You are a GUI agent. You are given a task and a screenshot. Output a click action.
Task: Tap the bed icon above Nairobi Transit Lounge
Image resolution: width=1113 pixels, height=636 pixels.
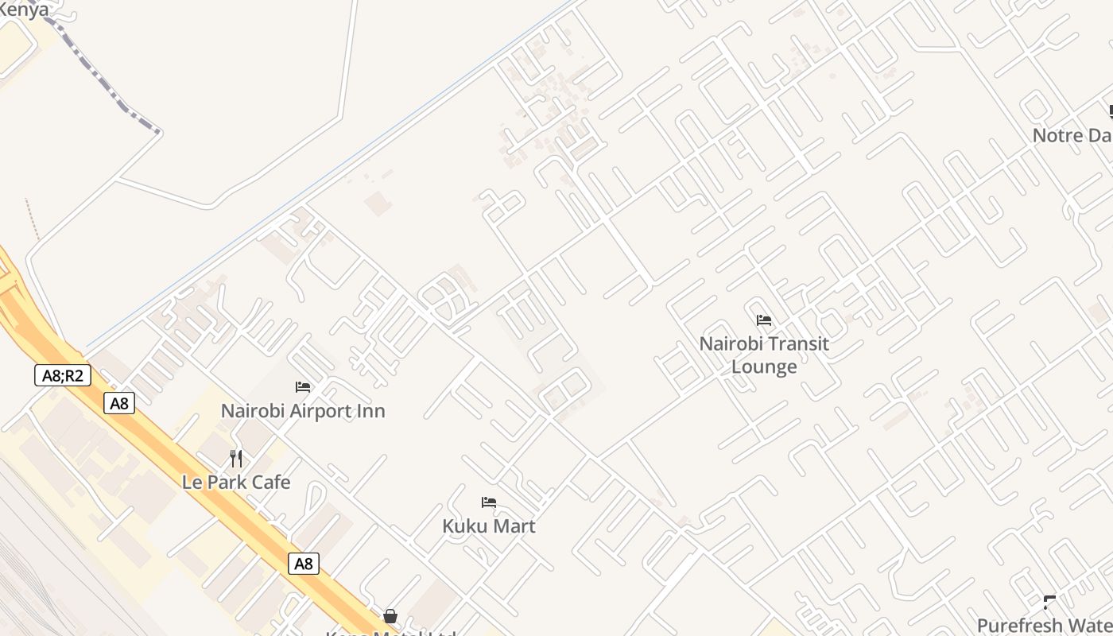coord(764,320)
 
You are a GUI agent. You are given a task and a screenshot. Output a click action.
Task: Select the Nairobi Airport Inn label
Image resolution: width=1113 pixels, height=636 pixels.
coord(303,411)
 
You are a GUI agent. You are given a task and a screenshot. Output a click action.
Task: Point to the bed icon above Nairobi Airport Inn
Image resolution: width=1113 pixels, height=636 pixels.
coord(303,387)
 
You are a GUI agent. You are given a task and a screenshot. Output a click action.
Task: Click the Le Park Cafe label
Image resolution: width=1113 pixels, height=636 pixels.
coord(236,483)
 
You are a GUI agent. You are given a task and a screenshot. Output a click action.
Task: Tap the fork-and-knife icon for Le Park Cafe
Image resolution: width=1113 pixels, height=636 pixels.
coord(236,459)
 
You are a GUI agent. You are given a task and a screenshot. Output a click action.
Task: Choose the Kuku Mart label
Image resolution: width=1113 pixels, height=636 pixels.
coord(489,526)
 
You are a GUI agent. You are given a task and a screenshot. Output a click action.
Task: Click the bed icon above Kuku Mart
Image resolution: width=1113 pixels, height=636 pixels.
coord(489,502)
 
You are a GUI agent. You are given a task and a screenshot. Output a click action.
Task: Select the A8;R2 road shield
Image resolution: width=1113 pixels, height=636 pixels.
coord(63,375)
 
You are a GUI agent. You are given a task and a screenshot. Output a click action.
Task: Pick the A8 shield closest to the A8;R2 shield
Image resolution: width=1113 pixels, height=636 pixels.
coord(119,403)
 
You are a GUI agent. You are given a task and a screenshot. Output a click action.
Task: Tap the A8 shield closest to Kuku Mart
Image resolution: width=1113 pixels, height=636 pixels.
coord(303,564)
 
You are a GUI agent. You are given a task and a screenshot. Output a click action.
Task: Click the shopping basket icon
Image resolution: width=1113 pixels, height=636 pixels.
coord(390,616)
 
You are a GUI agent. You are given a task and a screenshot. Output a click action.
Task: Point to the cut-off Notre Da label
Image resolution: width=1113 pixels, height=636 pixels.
coord(1072,135)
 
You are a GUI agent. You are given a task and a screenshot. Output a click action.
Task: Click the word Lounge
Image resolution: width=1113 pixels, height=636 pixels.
coord(764,366)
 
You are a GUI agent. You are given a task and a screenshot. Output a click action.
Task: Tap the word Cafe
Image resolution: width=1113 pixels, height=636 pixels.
coord(271,483)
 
